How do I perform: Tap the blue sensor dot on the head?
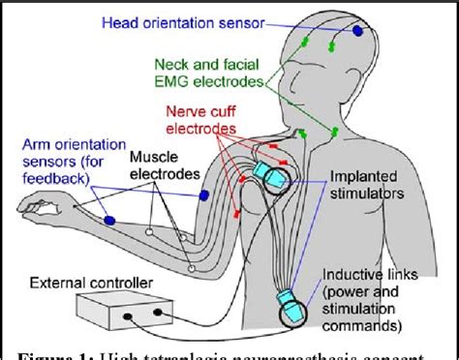[x=356, y=31]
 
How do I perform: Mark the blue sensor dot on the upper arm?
[x=204, y=196]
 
